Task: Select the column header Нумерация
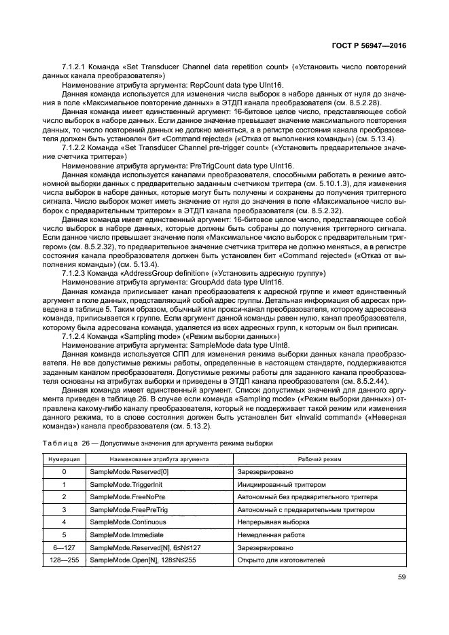coord(64,459)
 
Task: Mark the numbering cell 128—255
coord(64,560)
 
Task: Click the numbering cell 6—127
coord(64,547)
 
